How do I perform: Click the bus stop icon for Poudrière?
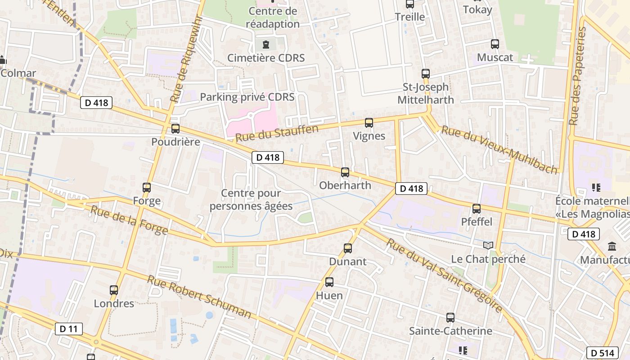(175, 129)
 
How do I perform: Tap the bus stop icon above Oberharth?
(345, 172)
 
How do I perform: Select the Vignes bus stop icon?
(369, 122)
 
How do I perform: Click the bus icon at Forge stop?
(147, 188)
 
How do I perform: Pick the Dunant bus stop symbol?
(348, 248)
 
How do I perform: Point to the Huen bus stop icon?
(329, 282)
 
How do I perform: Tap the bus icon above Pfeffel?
(477, 208)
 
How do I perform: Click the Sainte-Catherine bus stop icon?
(450, 317)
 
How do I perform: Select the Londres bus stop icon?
(114, 290)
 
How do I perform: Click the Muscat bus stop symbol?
(495, 44)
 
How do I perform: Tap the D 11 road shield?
(69, 329)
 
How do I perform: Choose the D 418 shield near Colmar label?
(96, 103)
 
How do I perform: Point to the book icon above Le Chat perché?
(488, 245)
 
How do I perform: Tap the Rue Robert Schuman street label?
(199, 297)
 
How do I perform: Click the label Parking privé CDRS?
(247, 97)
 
